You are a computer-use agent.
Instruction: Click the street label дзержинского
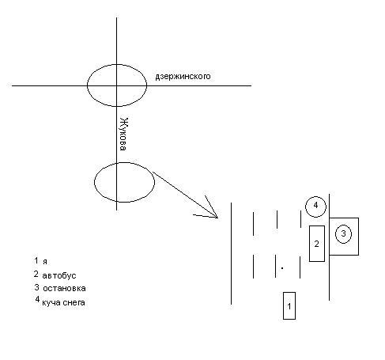(183, 77)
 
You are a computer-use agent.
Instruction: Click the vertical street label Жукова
(123, 134)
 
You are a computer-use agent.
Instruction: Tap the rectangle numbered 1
(289, 305)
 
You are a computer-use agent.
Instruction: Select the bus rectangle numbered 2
(317, 244)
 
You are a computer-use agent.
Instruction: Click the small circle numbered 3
(343, 233)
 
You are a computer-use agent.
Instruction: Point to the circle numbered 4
(315, 207)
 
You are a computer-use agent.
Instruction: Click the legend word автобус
(59, 275)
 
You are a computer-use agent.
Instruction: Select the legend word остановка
(64, 288)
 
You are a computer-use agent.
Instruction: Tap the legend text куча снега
(63, 302)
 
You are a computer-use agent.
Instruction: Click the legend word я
(45, 262)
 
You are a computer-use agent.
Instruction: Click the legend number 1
(36, 260)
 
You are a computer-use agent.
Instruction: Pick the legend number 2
(36, 274)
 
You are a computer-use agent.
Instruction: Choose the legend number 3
(36, 287)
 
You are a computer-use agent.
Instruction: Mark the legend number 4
(37, 299)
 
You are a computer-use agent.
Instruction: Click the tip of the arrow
(217, 218)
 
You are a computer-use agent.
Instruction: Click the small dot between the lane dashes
(282, 268)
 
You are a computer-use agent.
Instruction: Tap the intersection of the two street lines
(117, 85)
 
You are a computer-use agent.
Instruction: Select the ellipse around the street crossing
(87, 85)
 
